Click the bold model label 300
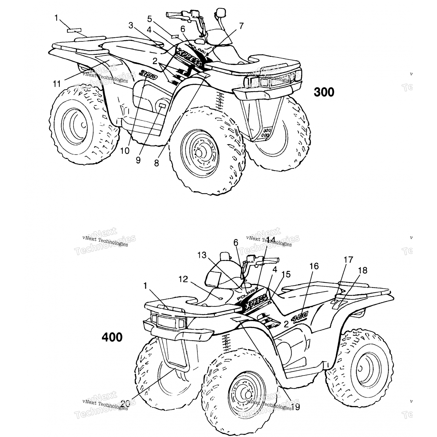(324, 92)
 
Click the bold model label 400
(112, 337)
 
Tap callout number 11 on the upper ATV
(57, 84)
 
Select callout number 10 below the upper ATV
(125, 151)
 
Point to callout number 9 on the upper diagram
(138, 160)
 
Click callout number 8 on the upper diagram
(156, 163)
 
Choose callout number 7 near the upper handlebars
(241, 26)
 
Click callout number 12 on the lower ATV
(184, 279)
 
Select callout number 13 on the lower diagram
(202, 255)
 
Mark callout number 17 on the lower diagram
(348, 259)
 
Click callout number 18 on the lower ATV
(363, 270)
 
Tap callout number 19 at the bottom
(295, 407)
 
